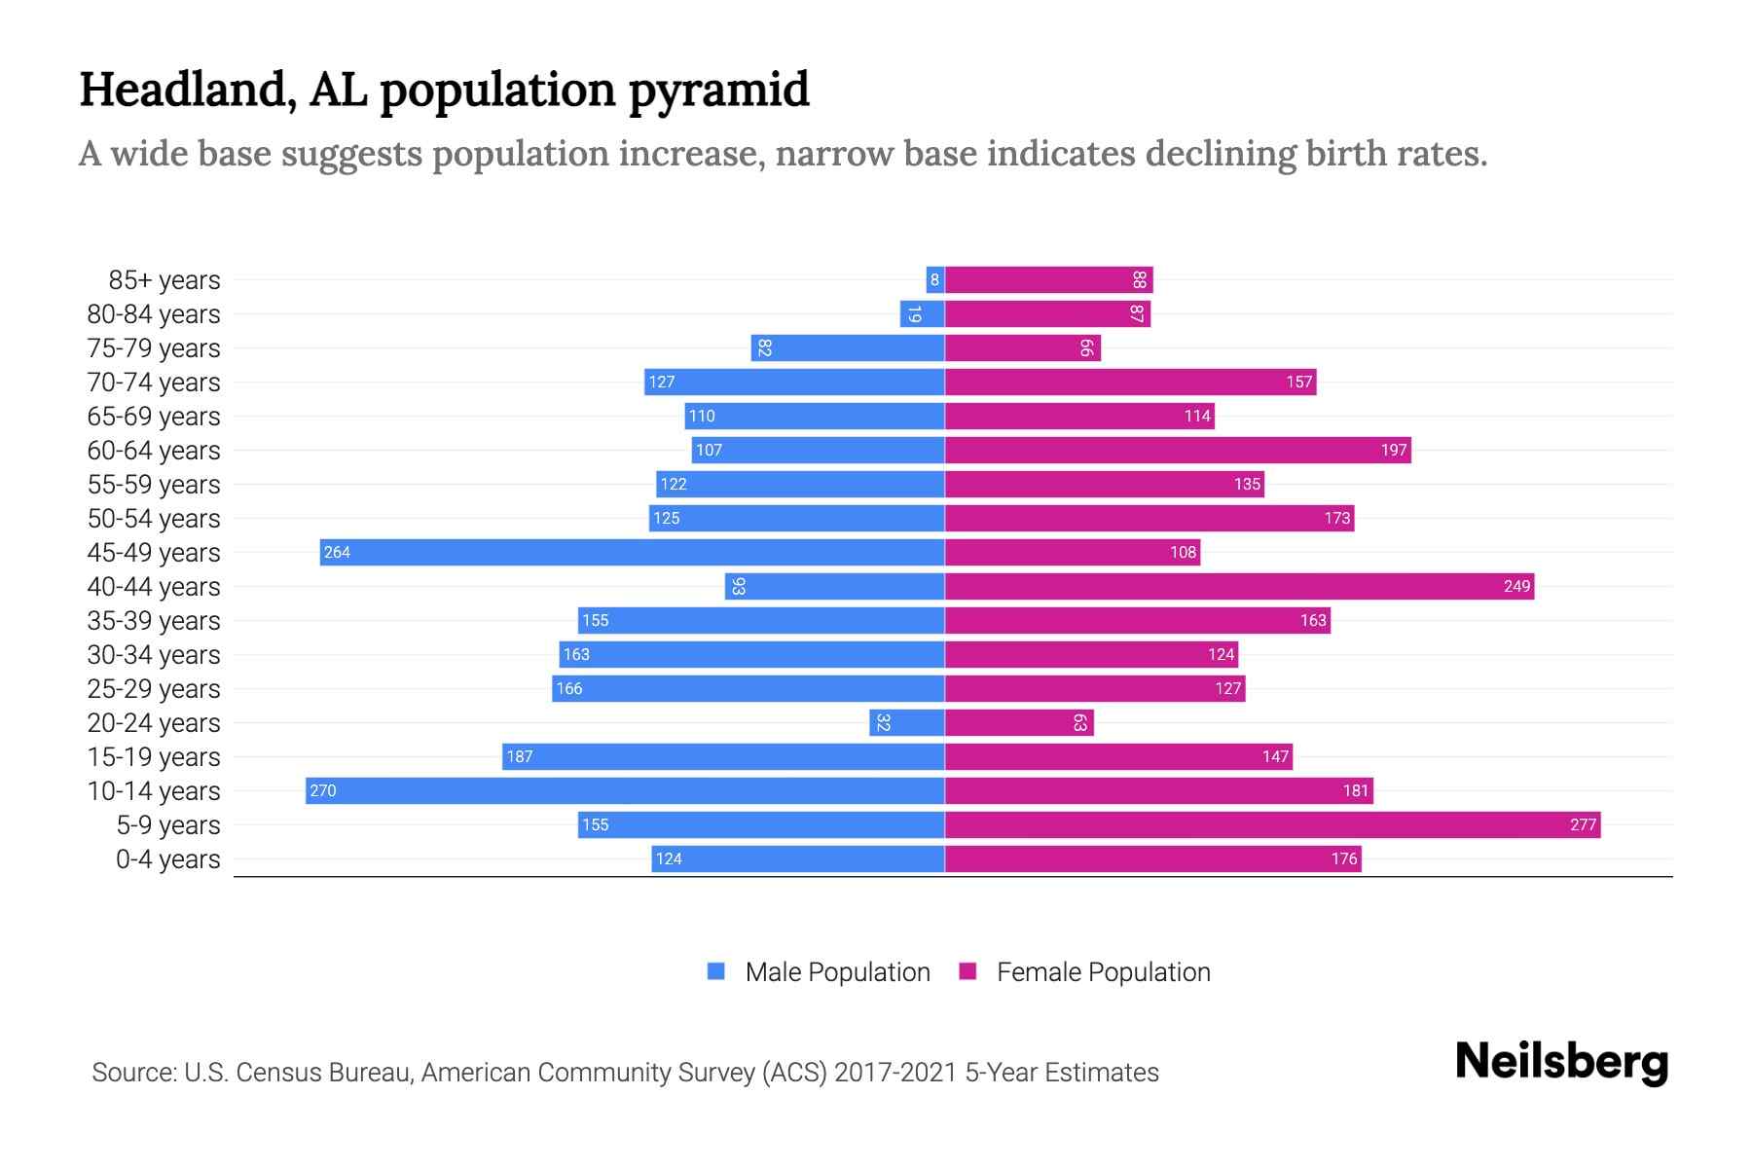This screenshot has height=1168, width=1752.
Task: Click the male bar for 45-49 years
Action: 633,552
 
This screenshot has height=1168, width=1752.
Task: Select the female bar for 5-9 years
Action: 1272,824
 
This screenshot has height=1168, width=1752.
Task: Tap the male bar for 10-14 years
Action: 625,790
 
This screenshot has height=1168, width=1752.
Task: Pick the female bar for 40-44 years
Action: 1239,586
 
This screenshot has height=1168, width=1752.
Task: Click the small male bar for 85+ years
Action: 935,280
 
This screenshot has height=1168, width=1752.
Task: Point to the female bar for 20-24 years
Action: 1019,722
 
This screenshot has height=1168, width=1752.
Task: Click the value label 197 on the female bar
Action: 1394,450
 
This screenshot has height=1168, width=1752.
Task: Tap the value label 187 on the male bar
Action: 520,756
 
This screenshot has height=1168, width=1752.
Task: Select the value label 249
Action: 1516,586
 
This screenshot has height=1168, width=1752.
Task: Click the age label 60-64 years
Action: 154,451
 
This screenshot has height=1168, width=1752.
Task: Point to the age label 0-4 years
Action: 167,859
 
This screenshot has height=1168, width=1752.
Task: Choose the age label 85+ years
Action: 164,280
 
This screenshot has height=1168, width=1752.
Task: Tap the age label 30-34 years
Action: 154,655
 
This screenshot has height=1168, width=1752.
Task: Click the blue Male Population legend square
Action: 716,971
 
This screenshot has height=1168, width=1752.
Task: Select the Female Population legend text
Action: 1103,971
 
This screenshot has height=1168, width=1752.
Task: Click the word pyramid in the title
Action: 718,91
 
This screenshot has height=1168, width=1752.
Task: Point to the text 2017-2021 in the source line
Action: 895,1073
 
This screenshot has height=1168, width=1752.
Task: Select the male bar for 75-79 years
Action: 848,347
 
